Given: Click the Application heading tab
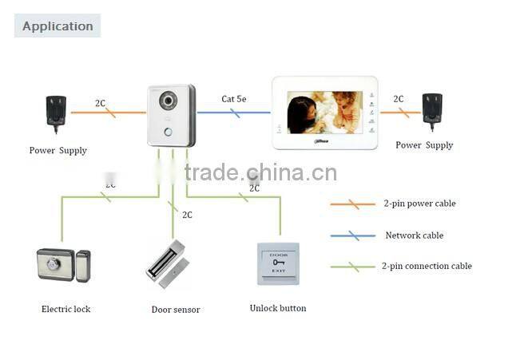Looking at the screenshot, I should tap(58, 26).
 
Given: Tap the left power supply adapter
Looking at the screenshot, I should tap(57, 112).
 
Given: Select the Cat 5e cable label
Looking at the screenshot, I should tap(234, 99).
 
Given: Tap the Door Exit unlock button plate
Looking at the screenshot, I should tap(277, 263).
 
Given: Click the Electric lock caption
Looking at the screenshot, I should tap(65, 309).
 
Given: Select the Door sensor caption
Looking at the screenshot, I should tap(176, 310).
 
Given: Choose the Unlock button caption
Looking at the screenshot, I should tap(278, 308).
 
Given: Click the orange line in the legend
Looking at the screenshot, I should tap(352, 204).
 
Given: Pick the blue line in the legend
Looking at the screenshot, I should tap(352, 236).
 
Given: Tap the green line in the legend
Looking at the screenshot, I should tap(352, 267).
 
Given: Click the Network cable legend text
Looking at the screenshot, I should tap(414, 235).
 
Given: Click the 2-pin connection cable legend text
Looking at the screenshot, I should tap(427, 266).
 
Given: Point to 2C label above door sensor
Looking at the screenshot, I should tap(187, 215).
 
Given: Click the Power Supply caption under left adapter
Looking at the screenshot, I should tap(58, 150).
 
